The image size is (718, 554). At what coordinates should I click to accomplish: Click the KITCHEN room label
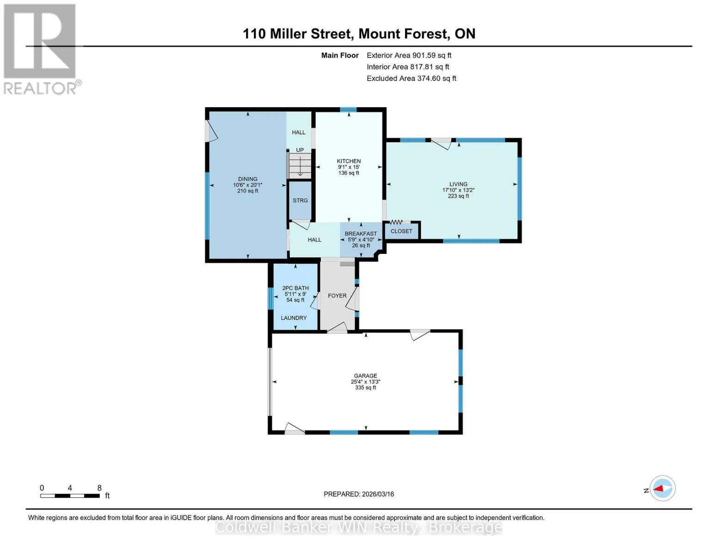coord(349,161)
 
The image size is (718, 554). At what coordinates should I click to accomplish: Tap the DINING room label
coord(247,179)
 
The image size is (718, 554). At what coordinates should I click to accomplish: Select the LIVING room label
coord(458,184)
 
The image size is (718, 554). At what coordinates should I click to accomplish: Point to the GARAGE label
coord(365,376)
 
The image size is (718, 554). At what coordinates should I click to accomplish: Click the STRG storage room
coord(300,200)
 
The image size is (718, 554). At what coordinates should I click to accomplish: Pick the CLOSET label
coord(401,231)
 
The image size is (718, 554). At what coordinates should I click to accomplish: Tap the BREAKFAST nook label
coord(361,234)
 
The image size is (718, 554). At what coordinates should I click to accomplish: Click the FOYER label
coord(337,295)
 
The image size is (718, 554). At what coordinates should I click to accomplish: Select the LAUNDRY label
coord(294,318)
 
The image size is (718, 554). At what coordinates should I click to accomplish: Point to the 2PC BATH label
coord(295,288)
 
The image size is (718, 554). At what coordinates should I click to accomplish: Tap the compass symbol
coord(662,488)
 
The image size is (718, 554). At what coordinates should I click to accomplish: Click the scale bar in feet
coord(70,496)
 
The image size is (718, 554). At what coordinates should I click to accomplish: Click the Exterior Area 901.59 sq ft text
coord(409,55)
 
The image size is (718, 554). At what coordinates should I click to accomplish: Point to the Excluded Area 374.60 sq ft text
coord(411,78)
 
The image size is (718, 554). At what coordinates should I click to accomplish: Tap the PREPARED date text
coord(359,494)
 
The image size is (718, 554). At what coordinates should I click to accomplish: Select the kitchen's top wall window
coord(348,110)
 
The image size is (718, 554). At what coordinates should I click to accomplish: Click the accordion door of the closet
coord(396,222)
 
